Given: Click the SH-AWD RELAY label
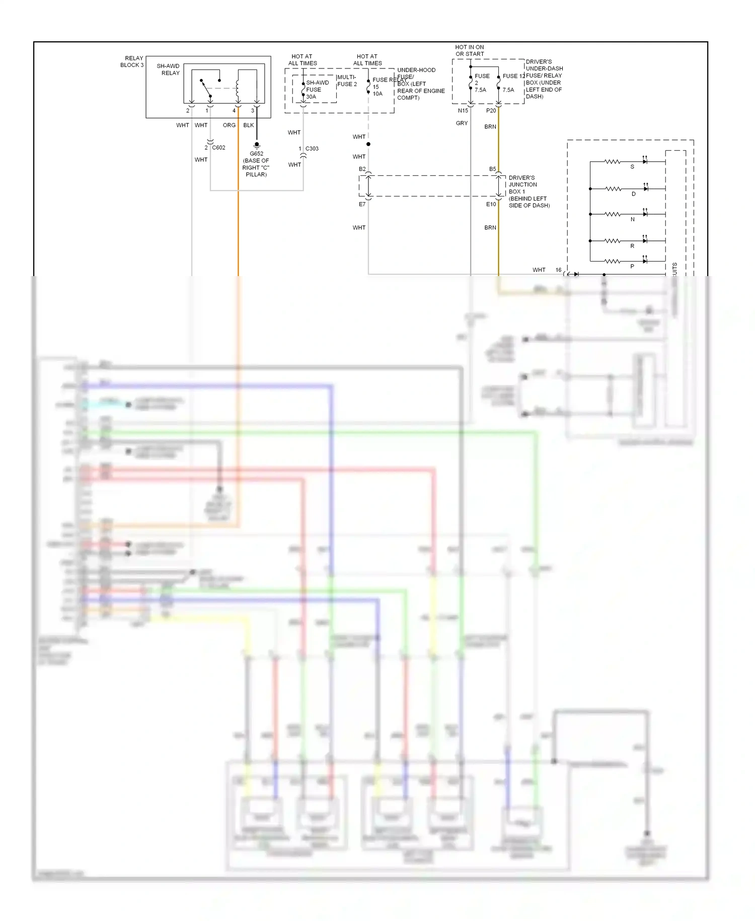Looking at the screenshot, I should coord(168,70).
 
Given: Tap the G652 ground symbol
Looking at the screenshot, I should coord(257,145).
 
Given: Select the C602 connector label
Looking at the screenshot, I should coord(218,148).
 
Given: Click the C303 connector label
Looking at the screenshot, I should coord(312,149).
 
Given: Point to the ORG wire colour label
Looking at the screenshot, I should coord(229,125).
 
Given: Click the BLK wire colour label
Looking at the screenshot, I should coord(249,125).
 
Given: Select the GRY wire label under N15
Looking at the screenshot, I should coord(462,123).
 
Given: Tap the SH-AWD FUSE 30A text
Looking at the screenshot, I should coord(317,90).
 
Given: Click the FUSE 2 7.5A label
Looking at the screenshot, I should coord(481,83).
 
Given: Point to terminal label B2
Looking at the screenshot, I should coord(362,169).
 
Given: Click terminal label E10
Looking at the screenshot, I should coord(491,204).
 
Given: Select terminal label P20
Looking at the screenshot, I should coord(491,110).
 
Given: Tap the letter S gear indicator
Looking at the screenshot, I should coord(632,167).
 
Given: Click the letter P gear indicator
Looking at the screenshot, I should coord(632,267).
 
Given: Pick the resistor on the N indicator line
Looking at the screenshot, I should coord(612,214).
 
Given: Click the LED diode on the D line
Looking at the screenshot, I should coord(645,188).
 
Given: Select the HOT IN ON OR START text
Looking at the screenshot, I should coord(470,50).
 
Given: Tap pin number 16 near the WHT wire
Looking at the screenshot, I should coord(558,270).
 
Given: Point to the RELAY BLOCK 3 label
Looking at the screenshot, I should coord(132,61).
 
